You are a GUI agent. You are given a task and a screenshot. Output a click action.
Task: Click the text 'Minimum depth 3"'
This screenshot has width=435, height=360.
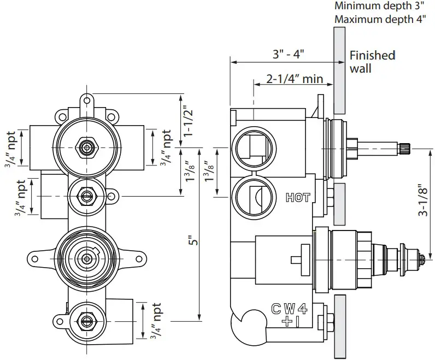point(379,7)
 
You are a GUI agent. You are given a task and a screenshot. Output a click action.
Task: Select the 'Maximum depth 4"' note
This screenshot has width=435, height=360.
point(380,20)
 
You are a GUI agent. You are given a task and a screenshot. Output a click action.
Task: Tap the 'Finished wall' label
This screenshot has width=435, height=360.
point(372,61)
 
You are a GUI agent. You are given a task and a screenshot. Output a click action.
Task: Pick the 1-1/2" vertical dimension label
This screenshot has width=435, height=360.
point(189,121)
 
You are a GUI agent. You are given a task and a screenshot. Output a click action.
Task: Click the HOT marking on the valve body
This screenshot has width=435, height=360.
point(297,198)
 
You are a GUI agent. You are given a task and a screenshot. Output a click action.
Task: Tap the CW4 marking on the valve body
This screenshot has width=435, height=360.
point(289,309)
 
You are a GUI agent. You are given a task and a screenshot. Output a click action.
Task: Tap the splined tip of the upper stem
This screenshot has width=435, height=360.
point(404,146)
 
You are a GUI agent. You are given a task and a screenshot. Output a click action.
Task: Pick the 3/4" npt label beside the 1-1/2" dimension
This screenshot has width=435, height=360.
point(164,148)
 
